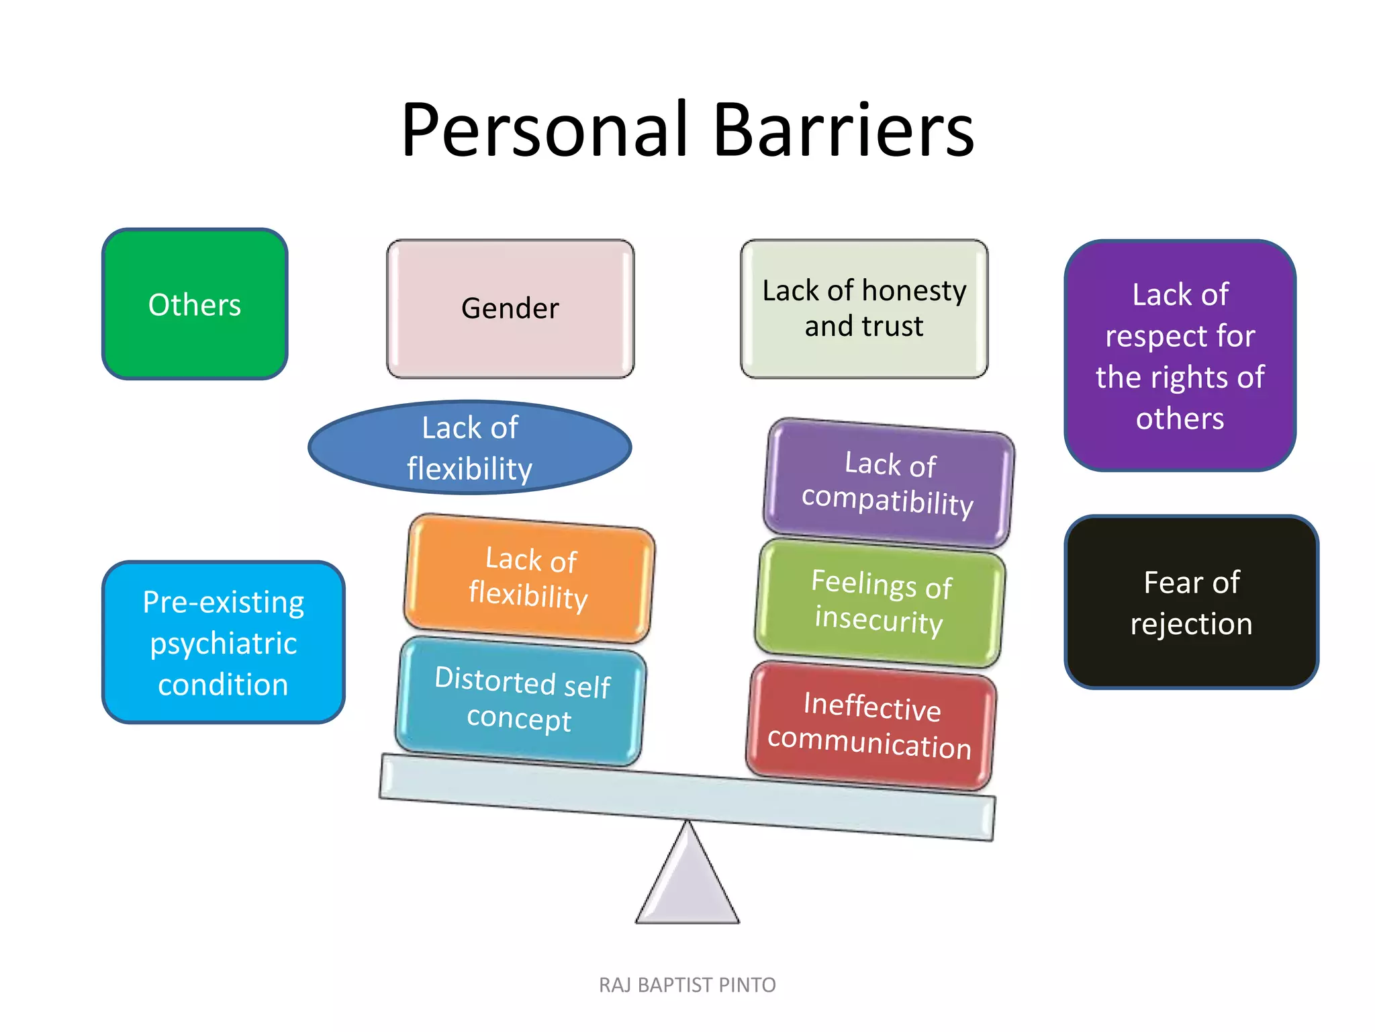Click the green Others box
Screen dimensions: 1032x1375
tap(195, 304)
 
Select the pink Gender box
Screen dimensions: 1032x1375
tap(510, 308)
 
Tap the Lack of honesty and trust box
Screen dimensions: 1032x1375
tap(864, 308)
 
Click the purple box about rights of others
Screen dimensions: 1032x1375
tap(1180, 355)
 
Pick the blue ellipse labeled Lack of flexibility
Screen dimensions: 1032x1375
tap(470, 447)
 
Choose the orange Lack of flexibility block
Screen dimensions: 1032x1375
tap(529, 578)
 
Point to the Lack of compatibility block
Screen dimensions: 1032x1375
tap(888, 483)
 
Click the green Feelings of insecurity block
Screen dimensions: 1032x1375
tap(880, 603)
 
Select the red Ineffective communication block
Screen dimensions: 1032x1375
tap(871, 726)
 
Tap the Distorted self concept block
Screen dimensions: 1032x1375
tap(520, 700)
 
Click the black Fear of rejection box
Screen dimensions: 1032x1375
tap(1192, 603)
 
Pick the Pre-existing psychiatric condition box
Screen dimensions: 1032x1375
tap(224, 642)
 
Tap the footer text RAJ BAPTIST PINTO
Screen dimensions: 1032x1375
tap(687, 985)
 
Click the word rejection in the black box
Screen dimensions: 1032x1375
tap(1192, 624)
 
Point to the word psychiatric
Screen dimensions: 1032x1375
tap(224, 644)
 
